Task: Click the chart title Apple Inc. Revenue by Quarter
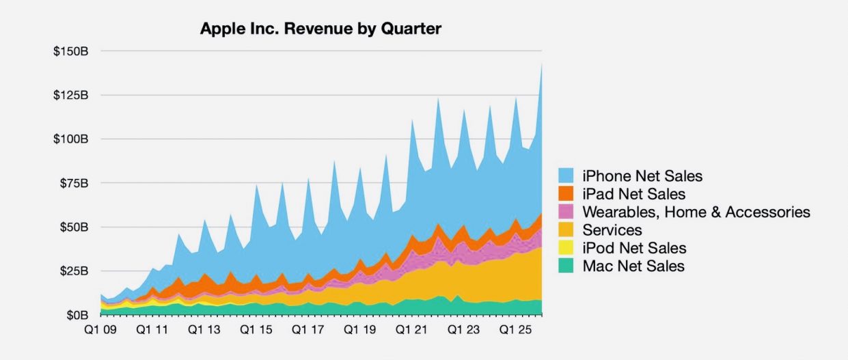pos(320,29)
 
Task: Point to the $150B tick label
pos(72,51)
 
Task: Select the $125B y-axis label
pos(72,95)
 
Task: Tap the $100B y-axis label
pos(72,139)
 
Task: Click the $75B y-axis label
pos(74,183)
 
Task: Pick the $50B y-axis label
pos(74,227)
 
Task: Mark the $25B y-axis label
pos(74,271)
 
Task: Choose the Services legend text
pos(612,230)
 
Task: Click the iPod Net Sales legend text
pos(634,248)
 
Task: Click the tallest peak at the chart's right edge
pos(541,65)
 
